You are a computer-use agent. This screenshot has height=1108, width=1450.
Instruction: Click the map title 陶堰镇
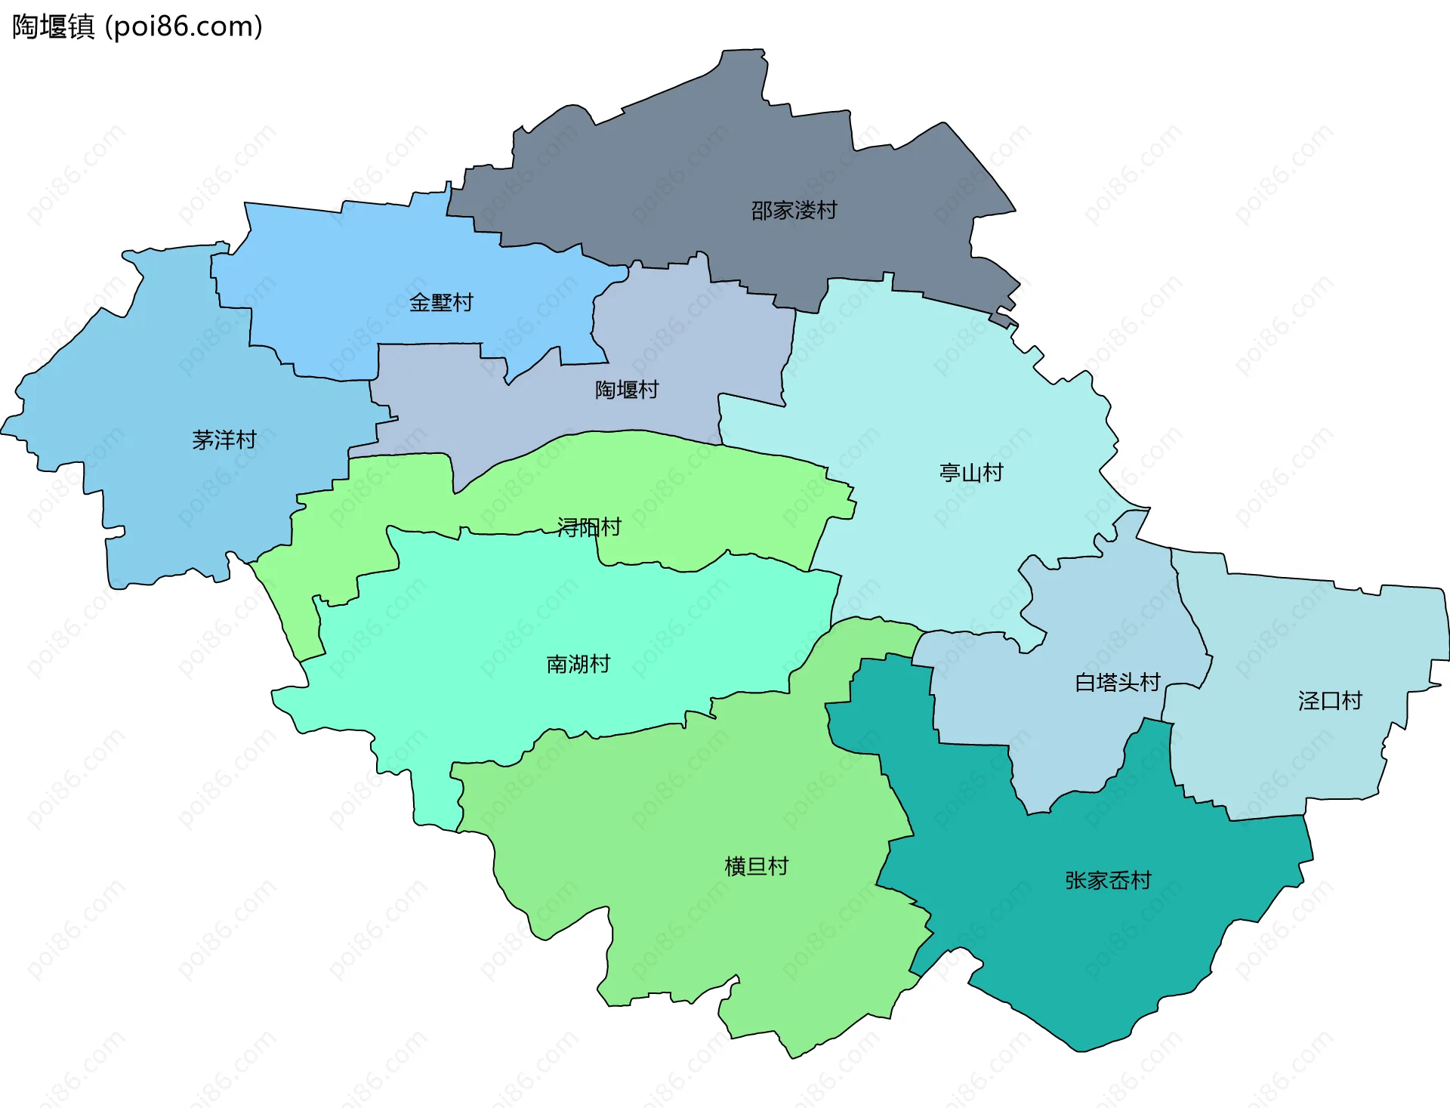pos(53,26)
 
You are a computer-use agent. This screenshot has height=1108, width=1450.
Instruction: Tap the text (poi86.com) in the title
pos(184,26)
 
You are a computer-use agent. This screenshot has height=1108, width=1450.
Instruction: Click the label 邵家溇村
pos(794,210)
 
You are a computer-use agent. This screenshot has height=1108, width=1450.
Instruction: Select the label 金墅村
pos(441,302)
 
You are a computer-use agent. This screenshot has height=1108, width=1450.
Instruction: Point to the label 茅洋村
pos(224,440)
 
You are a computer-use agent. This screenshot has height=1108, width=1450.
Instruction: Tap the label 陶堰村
pos(627,390)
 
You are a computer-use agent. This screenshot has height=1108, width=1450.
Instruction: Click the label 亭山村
pos(971,473)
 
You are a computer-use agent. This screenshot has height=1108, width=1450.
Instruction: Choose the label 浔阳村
pos(589,527)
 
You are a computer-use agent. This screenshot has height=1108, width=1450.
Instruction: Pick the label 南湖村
pos(578,664)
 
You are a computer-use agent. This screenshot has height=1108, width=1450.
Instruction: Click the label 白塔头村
pos(1117,683)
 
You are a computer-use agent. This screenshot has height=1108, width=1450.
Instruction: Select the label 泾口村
pos(1330,701)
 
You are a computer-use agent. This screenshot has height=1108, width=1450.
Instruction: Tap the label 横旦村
pos(756,866)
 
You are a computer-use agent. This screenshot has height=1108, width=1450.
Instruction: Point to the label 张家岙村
pos(1108,881)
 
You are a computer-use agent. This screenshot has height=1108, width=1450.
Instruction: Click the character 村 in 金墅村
pos(463,302)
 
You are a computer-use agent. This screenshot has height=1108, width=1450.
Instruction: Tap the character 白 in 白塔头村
pos(1084,683)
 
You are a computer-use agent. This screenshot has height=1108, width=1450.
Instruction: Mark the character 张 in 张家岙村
pos(1075,881)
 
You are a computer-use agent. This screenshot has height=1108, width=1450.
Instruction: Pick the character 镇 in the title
pos(81,26)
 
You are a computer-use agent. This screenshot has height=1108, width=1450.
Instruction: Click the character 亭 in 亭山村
pos(949,473)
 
